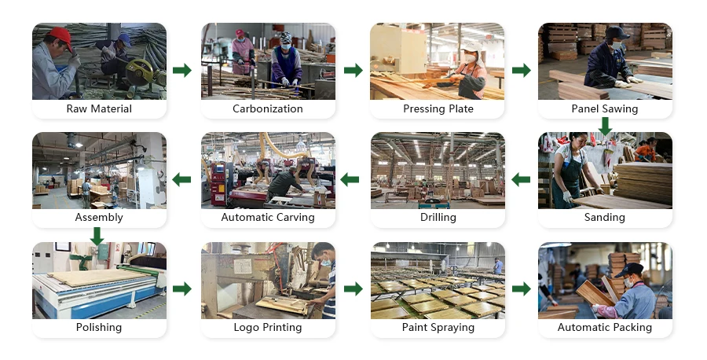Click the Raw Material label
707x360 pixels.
[x=99, y=108]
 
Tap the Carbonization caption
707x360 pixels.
[x=268, y=108]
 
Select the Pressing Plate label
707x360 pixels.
[x=438, y=108]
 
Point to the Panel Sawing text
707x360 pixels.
[x=605, y=108]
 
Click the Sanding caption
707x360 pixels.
[x=605, y=217]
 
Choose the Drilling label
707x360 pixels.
[x=438, y=217]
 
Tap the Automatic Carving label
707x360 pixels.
[x=268, y=217]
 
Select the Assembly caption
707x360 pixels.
[x=99, y=217]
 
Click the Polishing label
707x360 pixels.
[x=99, y=327]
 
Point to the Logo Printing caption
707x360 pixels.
[x=268, y=327]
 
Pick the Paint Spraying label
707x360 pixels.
[x=438, y=327]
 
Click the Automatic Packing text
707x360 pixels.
[x=605, y=327]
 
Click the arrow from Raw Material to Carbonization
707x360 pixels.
[x=182, y=71]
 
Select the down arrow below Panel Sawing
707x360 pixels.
[x=605, y=125]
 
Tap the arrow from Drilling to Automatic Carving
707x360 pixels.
[x=350, y=180]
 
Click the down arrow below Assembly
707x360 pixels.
[x=97, y=235]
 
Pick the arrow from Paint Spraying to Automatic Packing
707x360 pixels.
[x=521, y=289]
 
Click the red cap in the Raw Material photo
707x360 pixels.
[x=60, y=35]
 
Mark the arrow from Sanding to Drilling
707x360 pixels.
[x=521, y=180]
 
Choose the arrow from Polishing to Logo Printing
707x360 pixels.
[x=182, y=289]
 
